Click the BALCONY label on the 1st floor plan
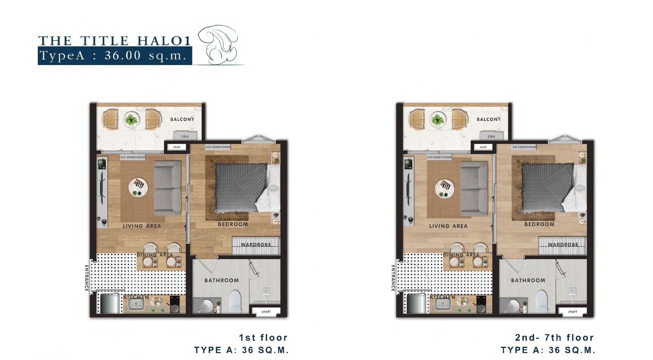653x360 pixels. pos(182,119)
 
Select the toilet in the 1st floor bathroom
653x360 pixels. pos(235,301)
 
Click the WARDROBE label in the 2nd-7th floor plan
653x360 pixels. pos(563,245)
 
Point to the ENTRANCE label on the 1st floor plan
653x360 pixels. pos(87,278)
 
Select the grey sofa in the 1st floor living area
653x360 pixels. pos(168,187)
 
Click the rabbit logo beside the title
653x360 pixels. pos(220,45)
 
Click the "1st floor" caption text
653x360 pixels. pos(263,337)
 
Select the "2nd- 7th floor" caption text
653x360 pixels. pos(555,337)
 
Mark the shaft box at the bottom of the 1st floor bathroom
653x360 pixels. pos(266,312)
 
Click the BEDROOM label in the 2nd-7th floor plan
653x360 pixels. pos(539,224)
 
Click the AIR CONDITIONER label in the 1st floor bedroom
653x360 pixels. pos(218,147)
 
